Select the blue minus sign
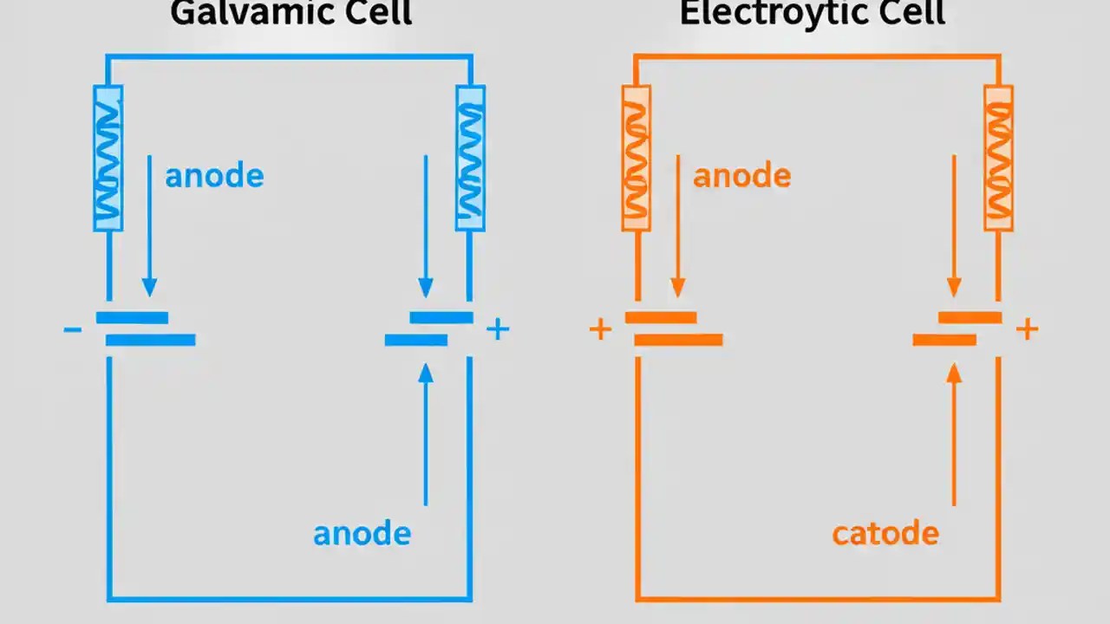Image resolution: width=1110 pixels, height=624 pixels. pos(73,329)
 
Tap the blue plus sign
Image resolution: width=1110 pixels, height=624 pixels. pos(497,329)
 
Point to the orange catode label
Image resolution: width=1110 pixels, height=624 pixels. pos(885,532)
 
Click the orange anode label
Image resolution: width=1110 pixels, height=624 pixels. pos(741,176)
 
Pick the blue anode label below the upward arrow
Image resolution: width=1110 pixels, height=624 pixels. pos(362,533)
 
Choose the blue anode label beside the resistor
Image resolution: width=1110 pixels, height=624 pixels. pos(214,176)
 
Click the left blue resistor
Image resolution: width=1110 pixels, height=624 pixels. pos(108,158)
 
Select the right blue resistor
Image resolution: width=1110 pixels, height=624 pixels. pos(470,158)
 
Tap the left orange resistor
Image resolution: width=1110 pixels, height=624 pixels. pos(637,158)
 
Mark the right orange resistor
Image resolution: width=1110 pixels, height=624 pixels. pos(998,158)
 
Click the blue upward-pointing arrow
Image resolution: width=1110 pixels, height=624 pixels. pos(425,433)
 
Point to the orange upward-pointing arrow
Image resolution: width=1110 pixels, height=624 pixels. pos(954,433)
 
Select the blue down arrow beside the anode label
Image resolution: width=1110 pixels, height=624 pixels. pos(149,225)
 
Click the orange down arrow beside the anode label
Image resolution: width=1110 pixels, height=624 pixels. pos(678,225)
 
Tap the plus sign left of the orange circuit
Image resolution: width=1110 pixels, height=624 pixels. pos(600,329)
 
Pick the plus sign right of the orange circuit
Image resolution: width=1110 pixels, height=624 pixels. pos(1027,329)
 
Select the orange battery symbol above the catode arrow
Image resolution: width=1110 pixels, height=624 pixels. pos(957,329)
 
